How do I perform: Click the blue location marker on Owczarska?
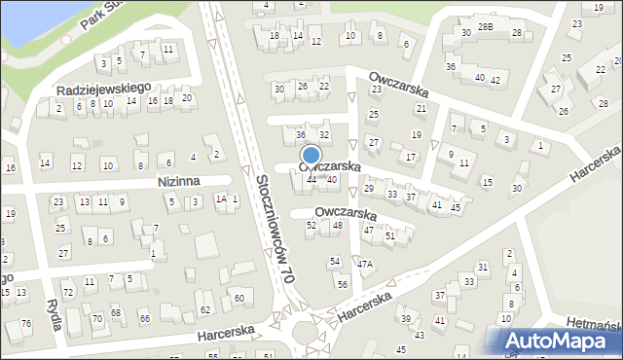pos(311,156)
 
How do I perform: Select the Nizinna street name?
pos(178,181)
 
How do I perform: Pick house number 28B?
pos(485,27)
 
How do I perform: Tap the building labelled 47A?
pos(364,264)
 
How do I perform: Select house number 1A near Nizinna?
pos(221,198)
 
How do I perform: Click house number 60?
pos(238,298)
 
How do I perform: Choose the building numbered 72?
pos(67,292)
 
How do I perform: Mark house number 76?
pos(25,323)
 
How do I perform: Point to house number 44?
pos(311,179)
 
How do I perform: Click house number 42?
pos(495,79)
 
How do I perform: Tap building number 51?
pos(389,235)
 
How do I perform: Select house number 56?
pos(342,284)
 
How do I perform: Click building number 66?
pos(145,319)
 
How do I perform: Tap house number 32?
pos(324,134)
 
